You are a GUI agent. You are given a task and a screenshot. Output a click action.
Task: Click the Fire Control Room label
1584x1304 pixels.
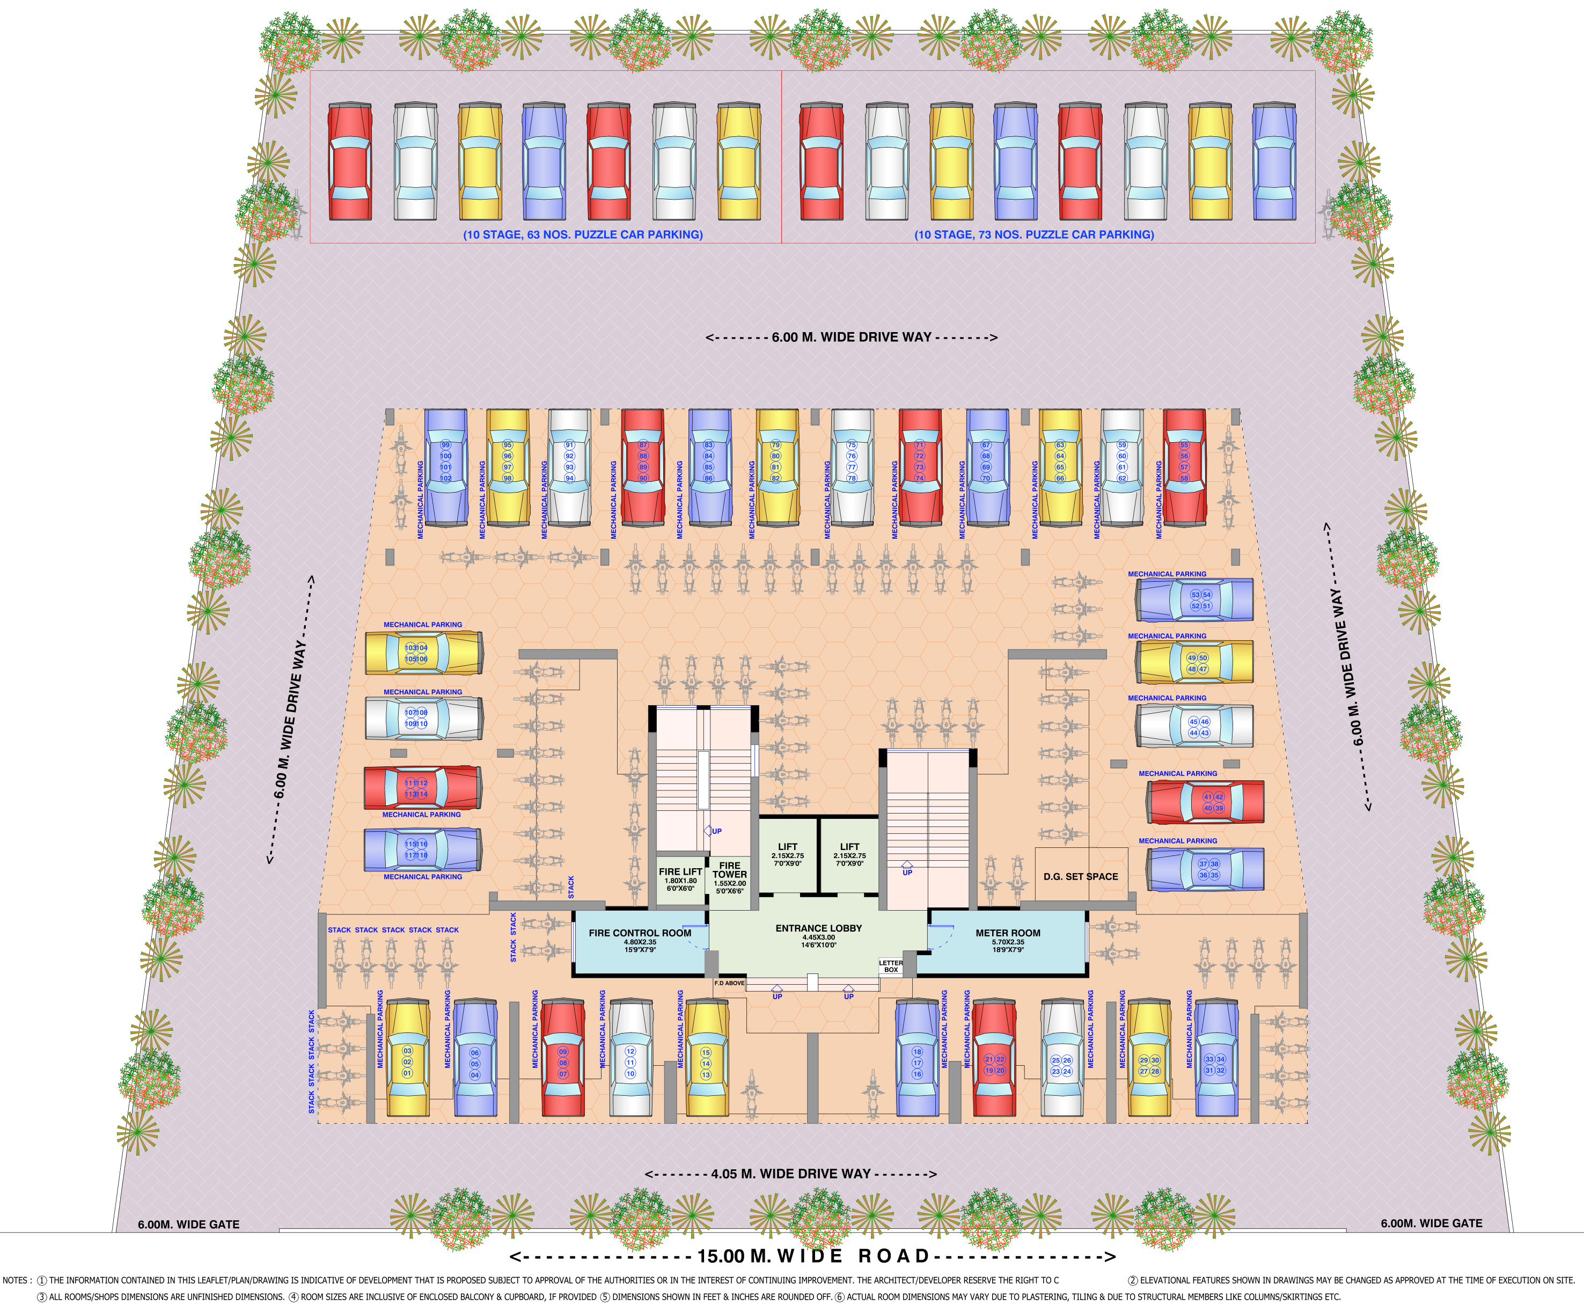(x=640, y=933)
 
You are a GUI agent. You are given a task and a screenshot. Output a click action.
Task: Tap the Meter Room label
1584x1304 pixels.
(x=1008, y=933)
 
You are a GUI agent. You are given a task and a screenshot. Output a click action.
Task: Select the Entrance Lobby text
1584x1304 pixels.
(x=819, y=928)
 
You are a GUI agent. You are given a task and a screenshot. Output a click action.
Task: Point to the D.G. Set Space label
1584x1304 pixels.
(x=1081, y=877)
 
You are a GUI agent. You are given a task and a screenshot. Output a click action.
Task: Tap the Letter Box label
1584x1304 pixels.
(x=891, y=966)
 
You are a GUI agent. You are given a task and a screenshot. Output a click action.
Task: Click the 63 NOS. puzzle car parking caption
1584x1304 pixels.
(x=583, y=235)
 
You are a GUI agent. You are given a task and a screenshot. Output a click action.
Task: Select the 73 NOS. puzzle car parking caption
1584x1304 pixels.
(x=1034, y=235)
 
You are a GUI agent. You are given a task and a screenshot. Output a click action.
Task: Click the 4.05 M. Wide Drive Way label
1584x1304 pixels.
(x=791, y=1173)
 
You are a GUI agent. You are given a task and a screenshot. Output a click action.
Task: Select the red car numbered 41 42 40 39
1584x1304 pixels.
(x=1205, y=802)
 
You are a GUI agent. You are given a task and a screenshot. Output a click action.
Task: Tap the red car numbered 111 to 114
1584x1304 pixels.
(x=423, y=788)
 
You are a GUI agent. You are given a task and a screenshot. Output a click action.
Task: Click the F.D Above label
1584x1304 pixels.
(x=729, y=983)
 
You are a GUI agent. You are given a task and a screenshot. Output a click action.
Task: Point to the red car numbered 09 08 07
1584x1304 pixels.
(x=562, y=1058)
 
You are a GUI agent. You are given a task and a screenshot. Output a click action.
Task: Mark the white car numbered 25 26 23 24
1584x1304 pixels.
(x=1062, y=1058)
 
